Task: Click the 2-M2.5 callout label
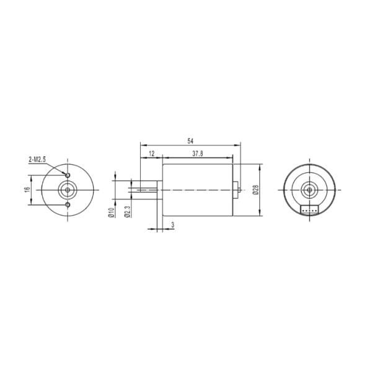[37, 160]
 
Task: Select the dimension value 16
[27, 188]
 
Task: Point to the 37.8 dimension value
[198, 153]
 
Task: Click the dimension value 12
[151, 153]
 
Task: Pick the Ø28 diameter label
[255, 190]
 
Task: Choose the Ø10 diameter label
[110, 212]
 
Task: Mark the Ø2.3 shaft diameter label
[126, 212]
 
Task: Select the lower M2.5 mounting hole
[67, 204]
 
